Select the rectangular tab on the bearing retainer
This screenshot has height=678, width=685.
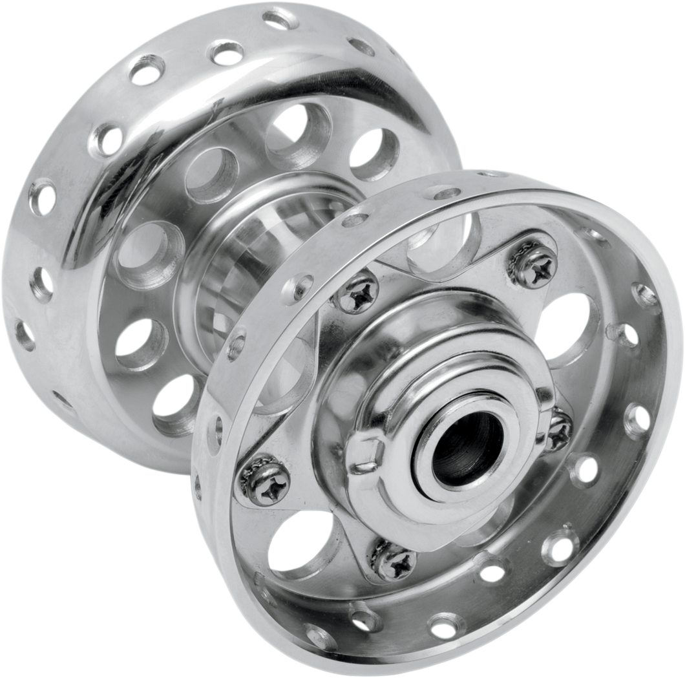(x=362, y=452)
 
